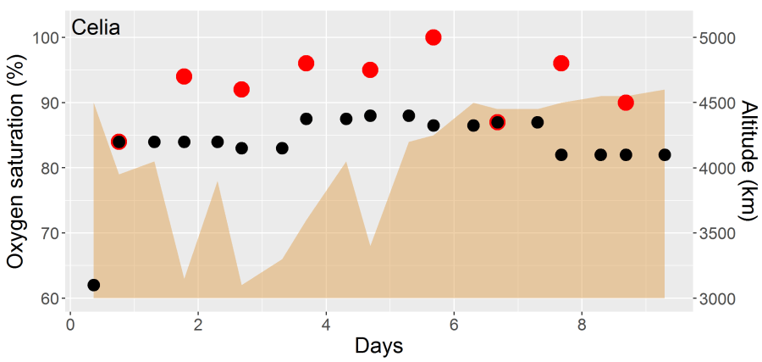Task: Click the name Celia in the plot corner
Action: (96, 27)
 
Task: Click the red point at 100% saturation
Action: (433, 37)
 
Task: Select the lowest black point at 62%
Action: (93, 285)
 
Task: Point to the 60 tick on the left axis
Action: (48, 298)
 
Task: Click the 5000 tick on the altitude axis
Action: (718, 38)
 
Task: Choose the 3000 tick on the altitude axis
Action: (718, 298)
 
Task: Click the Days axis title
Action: (378, 346)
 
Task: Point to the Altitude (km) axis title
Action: (748, 161)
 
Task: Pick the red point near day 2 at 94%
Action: (184, 76)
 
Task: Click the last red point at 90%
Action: (626, 103)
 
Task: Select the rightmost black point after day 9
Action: (665, 154)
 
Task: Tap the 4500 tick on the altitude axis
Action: (718, 103)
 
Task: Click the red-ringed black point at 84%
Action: (119, 142)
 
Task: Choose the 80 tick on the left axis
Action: (48, 168)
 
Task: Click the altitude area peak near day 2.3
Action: (218, 183)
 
